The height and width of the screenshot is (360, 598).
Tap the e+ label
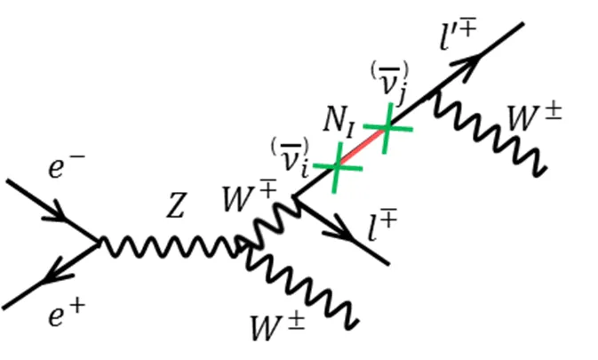[67, 313]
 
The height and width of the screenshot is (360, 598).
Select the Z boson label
[176, 205]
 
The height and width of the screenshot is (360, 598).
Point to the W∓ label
[249, 197]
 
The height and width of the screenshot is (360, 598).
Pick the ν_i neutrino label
[290, 158]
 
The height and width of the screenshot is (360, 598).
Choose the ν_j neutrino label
[389, 84]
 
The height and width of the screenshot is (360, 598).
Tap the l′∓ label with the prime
[458, 36]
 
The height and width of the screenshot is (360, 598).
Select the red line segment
[362, 147]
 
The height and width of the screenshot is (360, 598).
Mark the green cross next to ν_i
[337, 167]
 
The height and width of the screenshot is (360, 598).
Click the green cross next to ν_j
[387, 127]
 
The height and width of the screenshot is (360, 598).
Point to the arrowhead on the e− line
[57, 211]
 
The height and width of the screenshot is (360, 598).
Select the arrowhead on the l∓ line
[339, 228]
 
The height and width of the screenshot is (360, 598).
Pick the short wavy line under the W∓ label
[267, 225]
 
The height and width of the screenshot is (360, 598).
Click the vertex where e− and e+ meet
[99, 242]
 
